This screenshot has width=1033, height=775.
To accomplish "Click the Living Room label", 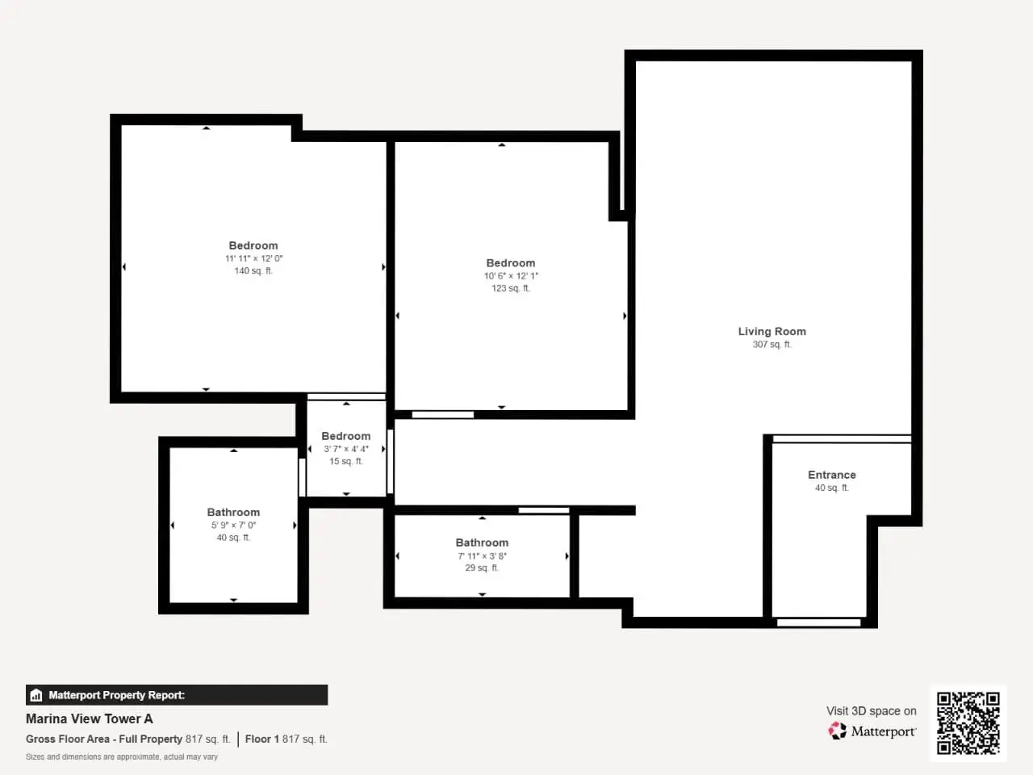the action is coord(772,331).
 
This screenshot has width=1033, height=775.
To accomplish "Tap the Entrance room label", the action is coord(831,475).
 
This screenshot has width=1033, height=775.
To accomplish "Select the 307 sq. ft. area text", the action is coord(772,345).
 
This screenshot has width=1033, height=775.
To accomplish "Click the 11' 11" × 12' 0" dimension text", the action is coord(253,258).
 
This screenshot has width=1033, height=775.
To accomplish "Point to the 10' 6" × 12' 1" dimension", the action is coord(511,276).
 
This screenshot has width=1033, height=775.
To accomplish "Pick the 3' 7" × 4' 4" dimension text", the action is coord(346,449).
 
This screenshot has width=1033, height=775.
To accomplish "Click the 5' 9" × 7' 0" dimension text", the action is coord(233,525).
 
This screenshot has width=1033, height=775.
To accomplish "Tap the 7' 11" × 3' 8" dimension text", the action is coord(482,555).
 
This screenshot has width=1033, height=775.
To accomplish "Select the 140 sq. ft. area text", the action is coord(253,270).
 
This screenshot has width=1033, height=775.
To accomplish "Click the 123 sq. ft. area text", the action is coord(511,288).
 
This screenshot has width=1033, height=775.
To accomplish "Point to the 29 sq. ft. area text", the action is coord(482,568).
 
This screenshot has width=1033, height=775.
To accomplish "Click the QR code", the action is coord(968,723).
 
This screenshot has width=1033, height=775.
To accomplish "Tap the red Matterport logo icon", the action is coord(837,731).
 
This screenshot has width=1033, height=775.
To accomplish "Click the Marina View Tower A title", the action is coord(90,719).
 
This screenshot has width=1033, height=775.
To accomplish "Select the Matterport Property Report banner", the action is coord(177,695).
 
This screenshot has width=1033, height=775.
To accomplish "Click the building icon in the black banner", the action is coord(36,695).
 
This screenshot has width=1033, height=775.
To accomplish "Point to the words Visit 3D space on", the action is coord(871,711).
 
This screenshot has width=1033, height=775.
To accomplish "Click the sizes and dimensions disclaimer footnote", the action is coord(121,756).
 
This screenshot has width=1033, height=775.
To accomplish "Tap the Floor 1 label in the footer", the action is coord(262,739).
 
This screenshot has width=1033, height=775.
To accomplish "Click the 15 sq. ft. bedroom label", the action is coord(346,461).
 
